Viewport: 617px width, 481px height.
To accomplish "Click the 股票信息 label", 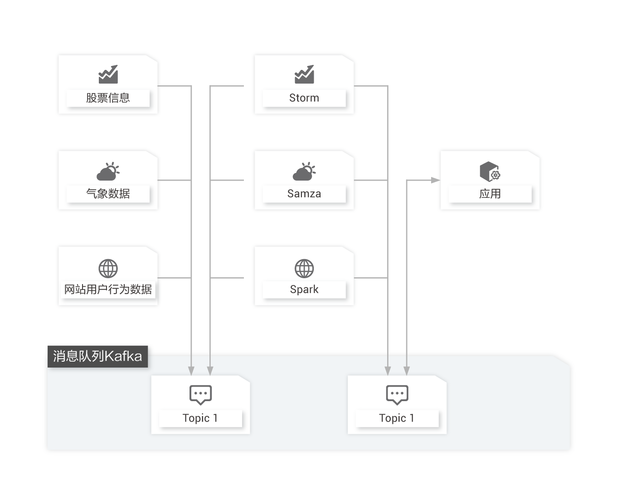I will tap(108, 98).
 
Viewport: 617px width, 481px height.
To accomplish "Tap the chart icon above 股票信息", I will tap(108, 74).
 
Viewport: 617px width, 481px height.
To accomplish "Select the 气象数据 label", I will tap(108, 194).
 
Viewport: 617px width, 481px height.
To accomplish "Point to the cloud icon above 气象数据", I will tap(108, 172).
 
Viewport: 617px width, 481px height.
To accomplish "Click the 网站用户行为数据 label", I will tap(108, 290).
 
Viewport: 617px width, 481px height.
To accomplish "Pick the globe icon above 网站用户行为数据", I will tap(108, 268).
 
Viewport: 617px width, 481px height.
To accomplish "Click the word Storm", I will tap(304, 98).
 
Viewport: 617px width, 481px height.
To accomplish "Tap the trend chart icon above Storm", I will tap(304, 74).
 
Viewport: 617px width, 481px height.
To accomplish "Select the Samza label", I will tap(304, 194).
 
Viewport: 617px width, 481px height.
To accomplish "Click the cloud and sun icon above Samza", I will tap(304, 172).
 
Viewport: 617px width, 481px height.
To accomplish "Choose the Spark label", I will tap(304, 290).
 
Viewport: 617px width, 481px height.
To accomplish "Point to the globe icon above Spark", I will tap(304, 268).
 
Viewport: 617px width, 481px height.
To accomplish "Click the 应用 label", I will tap(490, 194).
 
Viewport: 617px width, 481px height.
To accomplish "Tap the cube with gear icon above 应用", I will tap(490, 172).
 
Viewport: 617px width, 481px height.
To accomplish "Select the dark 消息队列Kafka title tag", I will tap(97, 356).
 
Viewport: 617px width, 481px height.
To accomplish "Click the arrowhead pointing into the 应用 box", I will tap(435, 180).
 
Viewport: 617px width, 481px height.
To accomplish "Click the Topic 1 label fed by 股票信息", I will tap(200, 418).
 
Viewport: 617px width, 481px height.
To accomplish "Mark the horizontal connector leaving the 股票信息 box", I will tap(174, 85).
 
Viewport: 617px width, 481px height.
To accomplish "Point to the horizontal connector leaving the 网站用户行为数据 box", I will tap(174, 278).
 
